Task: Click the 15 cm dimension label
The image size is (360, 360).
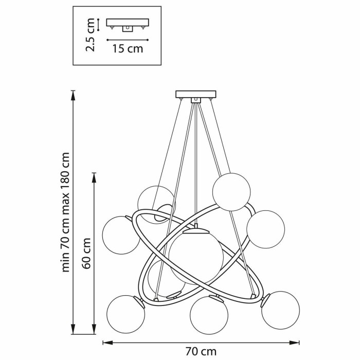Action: pos(127,49)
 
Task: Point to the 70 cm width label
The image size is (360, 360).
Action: pos(201,351)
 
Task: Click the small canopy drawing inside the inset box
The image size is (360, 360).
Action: pos(127,25)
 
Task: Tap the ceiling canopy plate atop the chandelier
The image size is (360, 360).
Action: pos(195,94)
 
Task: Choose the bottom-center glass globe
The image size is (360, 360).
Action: pos(209,315)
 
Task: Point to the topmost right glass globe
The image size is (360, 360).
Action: pos(231,192)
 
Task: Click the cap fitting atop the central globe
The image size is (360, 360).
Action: pos(196,230)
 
